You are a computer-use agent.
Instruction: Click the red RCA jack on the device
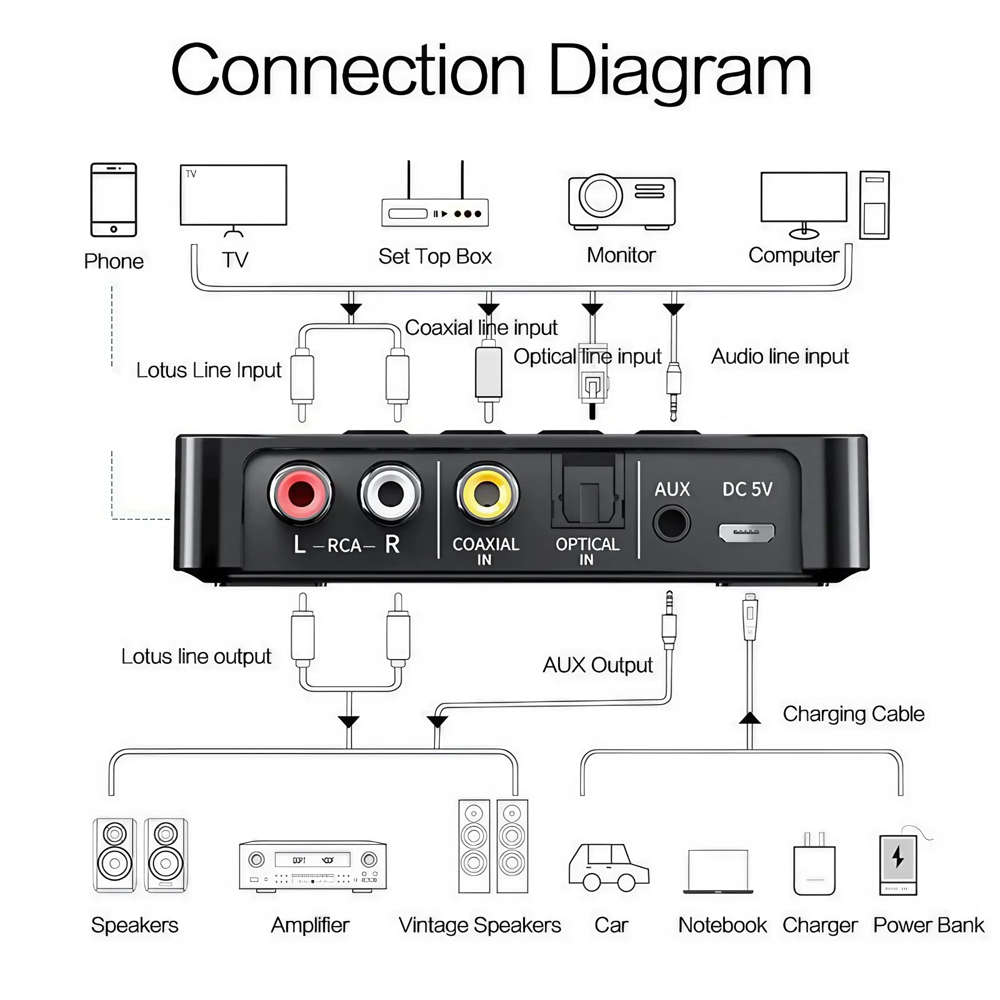coord(300,494)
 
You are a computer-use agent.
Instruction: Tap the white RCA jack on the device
coord(390,494)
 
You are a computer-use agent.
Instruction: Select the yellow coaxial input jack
coord(486,494)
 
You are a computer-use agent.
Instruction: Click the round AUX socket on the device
coord(671,524)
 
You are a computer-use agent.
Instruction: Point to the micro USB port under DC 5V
coord(746,532)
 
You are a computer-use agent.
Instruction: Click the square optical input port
coord(588,491)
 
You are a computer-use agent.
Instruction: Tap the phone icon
coord(113,200)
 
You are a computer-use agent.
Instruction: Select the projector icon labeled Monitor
coord(621,202)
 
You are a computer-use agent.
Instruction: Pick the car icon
coord(608,868)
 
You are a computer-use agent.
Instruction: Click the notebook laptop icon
coord(718,871)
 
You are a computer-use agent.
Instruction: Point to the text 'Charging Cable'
coord(853,714)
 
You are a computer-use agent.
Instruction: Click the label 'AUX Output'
coord(597,665)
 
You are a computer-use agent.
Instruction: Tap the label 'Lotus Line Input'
coord(208,370)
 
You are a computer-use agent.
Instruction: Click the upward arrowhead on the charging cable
coord(749,718)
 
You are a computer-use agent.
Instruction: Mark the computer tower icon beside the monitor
coord(874,205)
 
